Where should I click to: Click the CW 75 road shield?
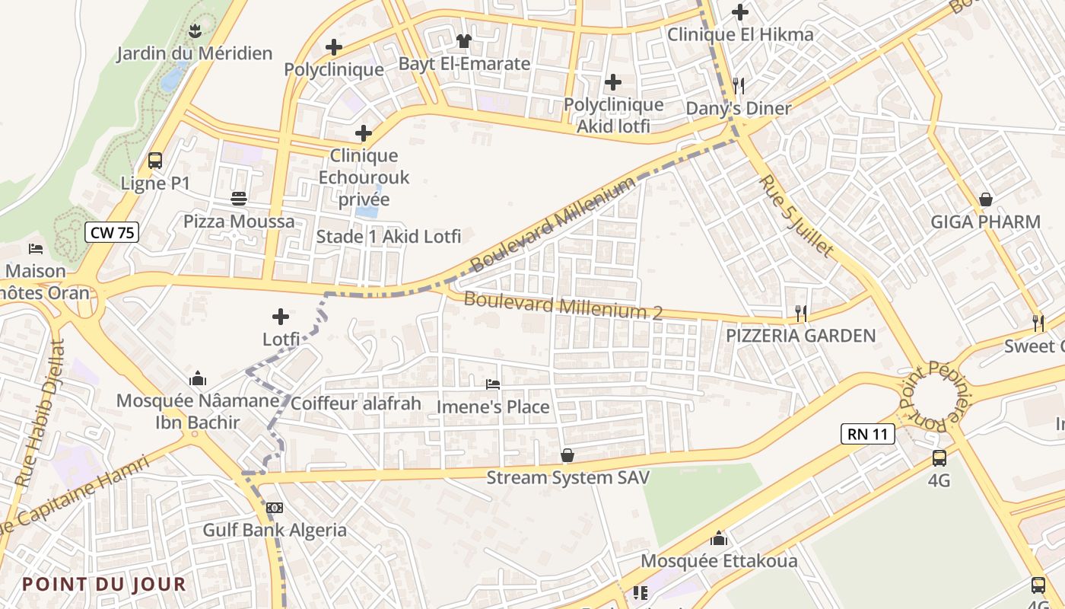click(x=112, y=233)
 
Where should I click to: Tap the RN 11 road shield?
click(x=867, y=434)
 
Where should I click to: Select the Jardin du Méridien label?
click(x=194, y=53)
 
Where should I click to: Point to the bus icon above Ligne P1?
click(x=155, y=161)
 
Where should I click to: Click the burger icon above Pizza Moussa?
click(x=239, y=199)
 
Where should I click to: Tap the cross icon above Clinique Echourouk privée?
click(x=364, y=133)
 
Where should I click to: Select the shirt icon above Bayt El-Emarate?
click(x=464, y=41)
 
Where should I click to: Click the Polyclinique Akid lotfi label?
click(x=613, y=115)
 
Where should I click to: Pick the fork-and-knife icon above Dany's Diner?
click(x=738, y=85)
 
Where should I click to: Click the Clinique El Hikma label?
click(x=739, y=34)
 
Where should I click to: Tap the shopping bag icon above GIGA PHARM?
click(x=986, y=199)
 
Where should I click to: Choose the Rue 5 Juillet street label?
click(x=796, y=216)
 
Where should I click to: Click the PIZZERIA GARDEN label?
click(x=800, y=335)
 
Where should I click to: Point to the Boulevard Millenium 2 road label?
click(x=563, y=306)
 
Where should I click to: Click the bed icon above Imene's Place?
click(x=493, y=384)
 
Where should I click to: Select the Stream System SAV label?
click(x=567, y=478)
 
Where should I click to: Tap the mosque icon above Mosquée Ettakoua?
click(x=719, y=539)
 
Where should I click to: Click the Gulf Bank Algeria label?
click(x=274, y=530)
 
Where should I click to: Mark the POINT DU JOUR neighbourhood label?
click(x=103, y=585)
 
